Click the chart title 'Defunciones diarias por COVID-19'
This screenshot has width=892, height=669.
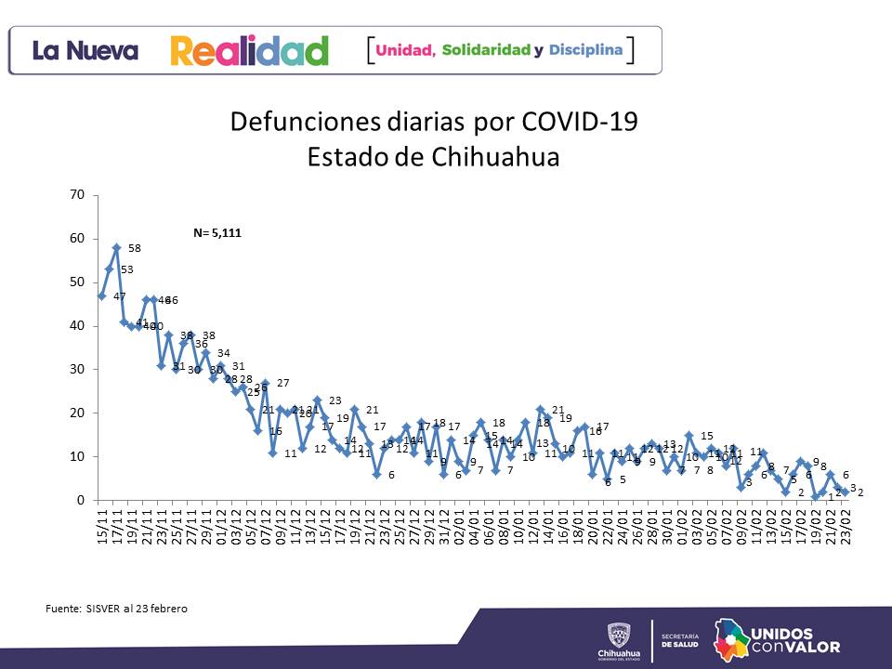[x=434, y=123]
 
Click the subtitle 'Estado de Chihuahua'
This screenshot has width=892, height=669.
[x=434, y=156]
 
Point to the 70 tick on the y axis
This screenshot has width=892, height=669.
[x=77, y=195]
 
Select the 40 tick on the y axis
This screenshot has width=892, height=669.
[x=77, y=326]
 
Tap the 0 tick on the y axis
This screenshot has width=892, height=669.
[x=81, y=500]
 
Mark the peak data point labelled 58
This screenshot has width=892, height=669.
[x=116, y=248]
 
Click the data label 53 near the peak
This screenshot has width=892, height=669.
[x=126, y=269]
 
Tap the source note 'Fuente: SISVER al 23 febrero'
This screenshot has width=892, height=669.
[x=116, y=609]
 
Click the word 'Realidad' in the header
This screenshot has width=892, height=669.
[x=249, y=50]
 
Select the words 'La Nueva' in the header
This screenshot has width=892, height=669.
[x=85, y=51]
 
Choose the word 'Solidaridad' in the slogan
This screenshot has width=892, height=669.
[x=486, y=49]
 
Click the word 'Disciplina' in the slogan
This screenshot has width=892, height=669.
[x=585, y=49]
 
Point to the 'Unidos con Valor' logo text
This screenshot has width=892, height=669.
[x=794, y=639]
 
